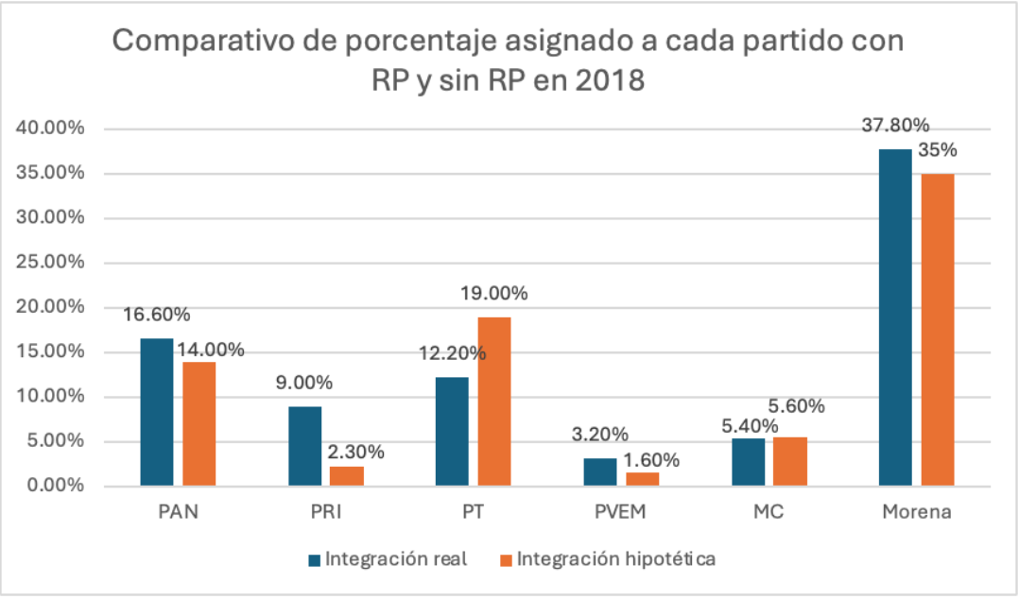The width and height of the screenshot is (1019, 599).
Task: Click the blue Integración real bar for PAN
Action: point(157,412)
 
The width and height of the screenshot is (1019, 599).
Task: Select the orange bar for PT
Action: point(494,402)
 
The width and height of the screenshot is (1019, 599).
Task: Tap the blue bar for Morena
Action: point(896,317)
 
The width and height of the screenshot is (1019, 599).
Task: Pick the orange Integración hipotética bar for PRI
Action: point(347,476)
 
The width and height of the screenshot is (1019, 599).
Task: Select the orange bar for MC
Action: point(791,462)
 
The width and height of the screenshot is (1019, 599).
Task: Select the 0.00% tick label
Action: point(54,486)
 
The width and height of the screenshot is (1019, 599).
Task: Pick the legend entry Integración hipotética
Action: point(616,558)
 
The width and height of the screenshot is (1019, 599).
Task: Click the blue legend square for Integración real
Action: point(314,559)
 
